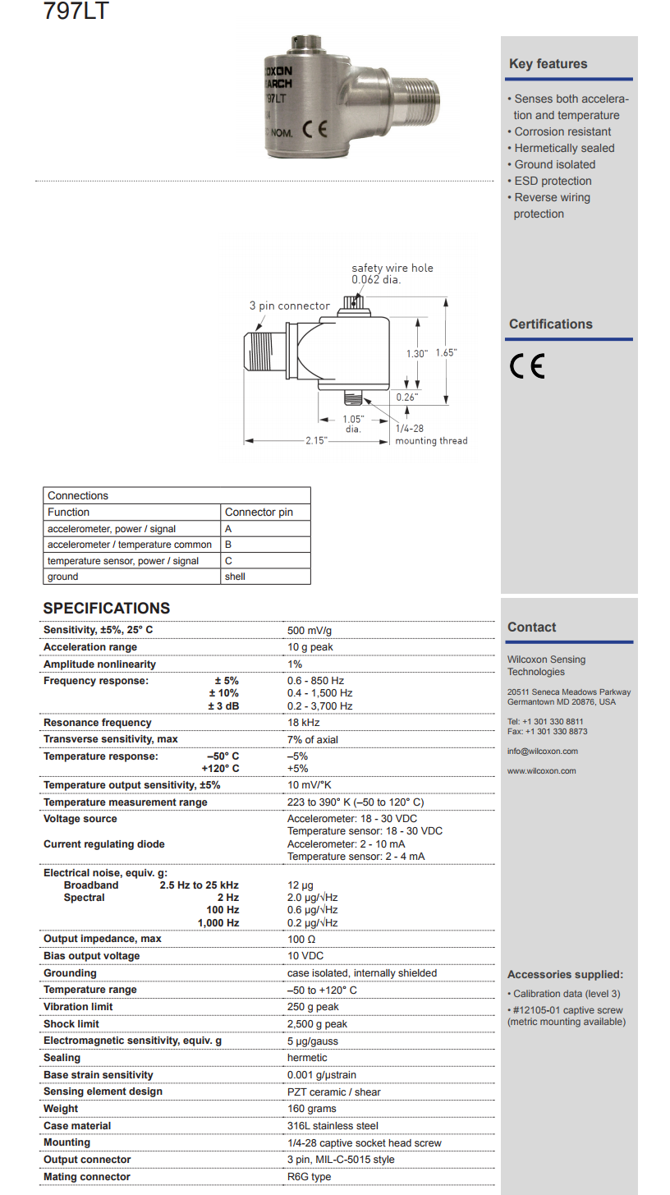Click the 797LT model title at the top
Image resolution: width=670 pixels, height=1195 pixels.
76,11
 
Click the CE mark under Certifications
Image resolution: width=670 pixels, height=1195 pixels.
527,365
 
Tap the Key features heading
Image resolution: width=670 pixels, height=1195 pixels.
548,64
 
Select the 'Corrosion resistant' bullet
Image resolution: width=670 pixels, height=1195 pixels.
562,131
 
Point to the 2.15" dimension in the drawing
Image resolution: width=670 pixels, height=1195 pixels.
315,441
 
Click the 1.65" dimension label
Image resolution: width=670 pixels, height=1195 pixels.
446,352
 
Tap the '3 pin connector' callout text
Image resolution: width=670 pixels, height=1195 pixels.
289,306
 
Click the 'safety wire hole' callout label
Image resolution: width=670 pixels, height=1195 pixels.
392,268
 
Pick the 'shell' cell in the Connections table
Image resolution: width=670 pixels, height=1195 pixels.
235,577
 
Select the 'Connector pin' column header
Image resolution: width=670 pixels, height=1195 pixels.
259,512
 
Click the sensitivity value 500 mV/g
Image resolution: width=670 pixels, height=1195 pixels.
310,630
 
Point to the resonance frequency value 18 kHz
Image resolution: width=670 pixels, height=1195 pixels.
304,723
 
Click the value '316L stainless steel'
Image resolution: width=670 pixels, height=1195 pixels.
333,1126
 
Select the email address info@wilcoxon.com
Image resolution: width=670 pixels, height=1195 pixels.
542,751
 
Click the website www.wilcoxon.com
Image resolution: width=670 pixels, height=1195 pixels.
541,771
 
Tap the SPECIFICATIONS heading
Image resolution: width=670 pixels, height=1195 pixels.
107,609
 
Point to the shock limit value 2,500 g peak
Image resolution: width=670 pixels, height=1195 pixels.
317,1024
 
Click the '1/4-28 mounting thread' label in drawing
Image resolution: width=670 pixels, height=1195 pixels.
430,435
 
